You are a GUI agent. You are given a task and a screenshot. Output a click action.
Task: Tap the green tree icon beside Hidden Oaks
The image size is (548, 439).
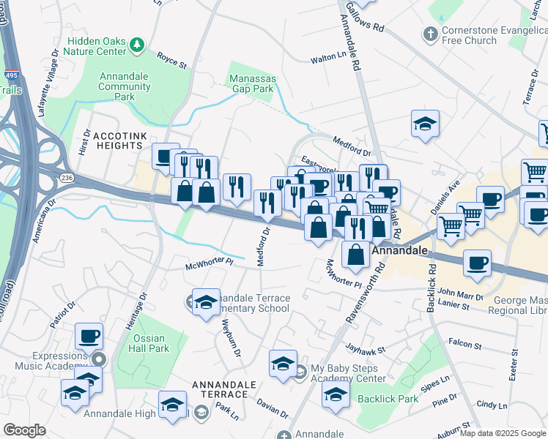(x=136, y=46)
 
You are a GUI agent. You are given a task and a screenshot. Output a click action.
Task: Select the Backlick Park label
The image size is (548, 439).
(x=388, y=399)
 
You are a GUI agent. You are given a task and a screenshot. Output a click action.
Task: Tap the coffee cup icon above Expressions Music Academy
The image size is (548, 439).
(x=89, y=336)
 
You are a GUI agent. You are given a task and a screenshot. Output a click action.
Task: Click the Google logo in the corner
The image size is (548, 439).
(x=25, y=429)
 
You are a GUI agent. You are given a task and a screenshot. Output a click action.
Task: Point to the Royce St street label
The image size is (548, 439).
(x=171, y=60)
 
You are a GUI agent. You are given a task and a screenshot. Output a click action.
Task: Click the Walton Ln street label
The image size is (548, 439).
(x=327, y=56)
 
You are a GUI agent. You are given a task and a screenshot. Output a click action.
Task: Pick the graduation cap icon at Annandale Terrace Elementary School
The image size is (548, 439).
(x=206, y=302)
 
